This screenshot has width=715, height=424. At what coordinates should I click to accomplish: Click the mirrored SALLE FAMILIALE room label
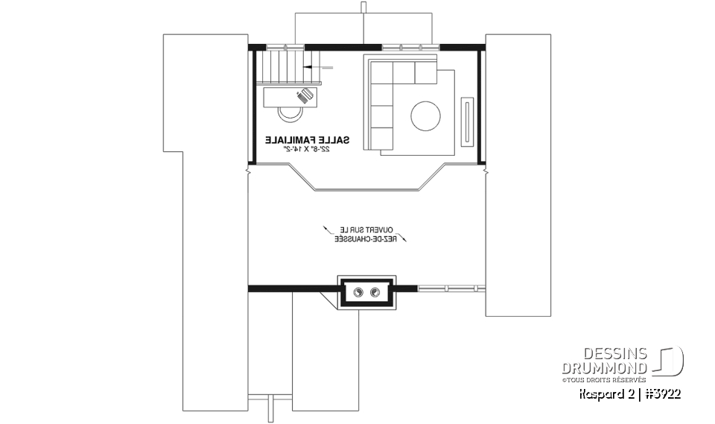coord(306,139)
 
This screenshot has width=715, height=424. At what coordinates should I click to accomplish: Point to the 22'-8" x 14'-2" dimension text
coord(306,149)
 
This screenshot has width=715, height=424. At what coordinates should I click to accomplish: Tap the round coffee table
coord(425,115)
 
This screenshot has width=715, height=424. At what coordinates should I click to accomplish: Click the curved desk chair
coord(289,113)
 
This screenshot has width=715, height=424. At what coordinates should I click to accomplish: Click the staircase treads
coord(281,68)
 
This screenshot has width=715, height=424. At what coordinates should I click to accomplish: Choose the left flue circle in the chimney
coord(358,291)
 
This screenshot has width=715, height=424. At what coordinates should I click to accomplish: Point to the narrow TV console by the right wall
coord(467,119)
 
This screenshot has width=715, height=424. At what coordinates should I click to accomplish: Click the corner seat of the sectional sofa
coord(381,74)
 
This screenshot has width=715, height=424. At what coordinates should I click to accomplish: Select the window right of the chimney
coord(445,288)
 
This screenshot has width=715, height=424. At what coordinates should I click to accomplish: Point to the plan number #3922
coord(663,393)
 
